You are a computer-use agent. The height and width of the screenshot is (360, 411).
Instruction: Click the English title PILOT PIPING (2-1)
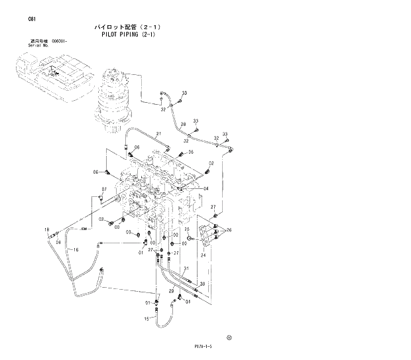[129, 35]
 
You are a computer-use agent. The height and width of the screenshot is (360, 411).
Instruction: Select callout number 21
[158, 135]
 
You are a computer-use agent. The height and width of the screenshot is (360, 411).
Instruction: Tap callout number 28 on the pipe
[183, 125]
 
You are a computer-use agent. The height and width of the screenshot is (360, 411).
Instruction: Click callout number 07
[103, 190]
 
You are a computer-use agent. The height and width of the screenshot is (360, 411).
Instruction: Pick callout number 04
[206, 188]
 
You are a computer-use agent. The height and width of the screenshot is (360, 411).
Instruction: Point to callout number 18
[46, 229]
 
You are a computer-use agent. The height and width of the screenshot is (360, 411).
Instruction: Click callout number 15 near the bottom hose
[146, 319]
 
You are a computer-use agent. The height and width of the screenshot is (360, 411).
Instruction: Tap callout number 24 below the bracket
[204, 255]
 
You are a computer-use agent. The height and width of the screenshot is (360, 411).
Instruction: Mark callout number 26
[229, 230]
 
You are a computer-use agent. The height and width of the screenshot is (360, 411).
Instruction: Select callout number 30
[202, 284]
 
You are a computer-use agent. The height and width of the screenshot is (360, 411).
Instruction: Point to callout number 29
[171, 290]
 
